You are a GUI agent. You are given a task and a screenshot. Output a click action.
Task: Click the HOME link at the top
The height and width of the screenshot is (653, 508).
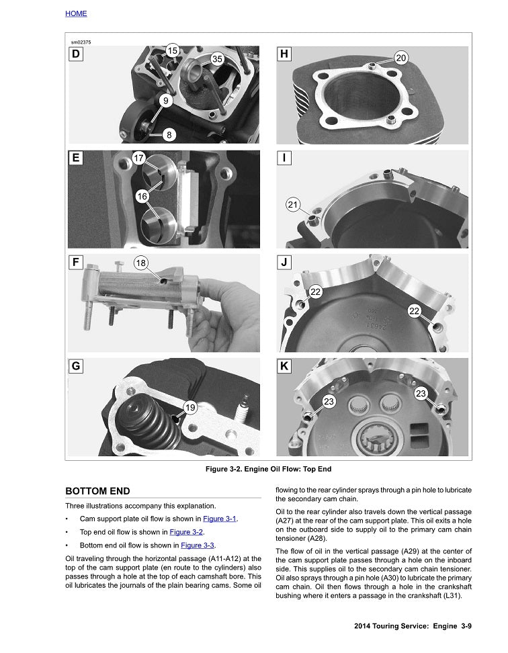point(76,13)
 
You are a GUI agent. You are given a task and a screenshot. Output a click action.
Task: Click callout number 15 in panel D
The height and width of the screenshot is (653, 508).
point(172,50)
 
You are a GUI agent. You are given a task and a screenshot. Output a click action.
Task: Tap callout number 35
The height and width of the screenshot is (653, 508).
point(217,58)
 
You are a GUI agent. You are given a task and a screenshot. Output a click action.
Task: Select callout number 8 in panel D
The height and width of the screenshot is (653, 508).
point(169,134)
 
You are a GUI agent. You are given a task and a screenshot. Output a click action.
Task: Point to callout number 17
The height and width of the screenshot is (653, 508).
point(139,159)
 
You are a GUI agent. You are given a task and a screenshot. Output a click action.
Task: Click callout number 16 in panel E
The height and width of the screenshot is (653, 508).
point(142,196)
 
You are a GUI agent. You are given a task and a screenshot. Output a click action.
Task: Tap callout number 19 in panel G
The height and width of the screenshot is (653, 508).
point(189,407)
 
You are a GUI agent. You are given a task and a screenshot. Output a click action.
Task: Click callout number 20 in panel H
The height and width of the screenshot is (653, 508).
point(400,58)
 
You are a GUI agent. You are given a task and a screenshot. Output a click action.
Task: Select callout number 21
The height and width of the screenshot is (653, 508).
point(293,205)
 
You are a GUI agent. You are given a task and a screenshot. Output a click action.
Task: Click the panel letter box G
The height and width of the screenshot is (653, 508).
point(76,366)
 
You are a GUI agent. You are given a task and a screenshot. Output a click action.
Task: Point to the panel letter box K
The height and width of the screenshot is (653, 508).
point(284,366)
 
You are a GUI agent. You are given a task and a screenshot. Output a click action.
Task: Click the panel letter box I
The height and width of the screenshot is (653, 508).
point(284,159)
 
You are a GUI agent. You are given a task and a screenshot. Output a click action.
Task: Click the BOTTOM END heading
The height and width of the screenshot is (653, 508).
point(97,491)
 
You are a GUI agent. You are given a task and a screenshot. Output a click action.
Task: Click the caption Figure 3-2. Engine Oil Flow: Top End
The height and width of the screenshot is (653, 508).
point(268,469)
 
